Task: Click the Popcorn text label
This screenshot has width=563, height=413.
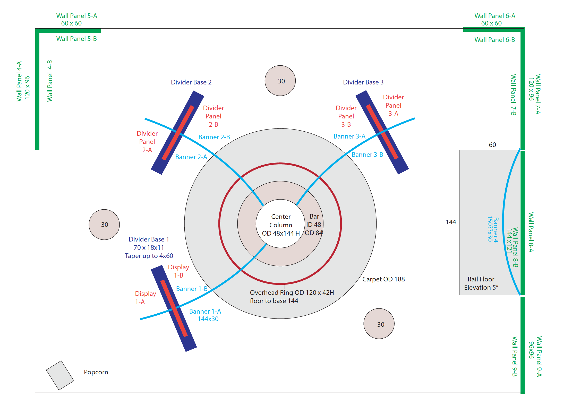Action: (x=96, y=372)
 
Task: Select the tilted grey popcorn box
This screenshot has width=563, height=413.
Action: (x=60, y=375)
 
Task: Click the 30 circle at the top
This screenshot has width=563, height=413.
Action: (x=280, y=81)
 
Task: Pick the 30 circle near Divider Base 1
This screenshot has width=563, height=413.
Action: (x=104, y=225)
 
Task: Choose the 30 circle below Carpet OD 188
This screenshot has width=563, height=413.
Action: (x=379, y=324)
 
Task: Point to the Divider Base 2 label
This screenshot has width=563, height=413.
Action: (x=191, y=82)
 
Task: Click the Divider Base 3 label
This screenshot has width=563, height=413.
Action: (x=363, y=82)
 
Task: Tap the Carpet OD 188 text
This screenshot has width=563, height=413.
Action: (x=383, y=279)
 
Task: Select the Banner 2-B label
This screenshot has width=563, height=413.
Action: (x=214, y=137)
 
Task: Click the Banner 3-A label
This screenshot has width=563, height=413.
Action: (x=349, y=136)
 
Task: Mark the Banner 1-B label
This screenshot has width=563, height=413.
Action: (x=192, y=289)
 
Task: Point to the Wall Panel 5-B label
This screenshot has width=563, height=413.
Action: (x=76, y=39)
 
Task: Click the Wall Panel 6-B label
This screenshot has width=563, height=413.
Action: (x=494, y=40)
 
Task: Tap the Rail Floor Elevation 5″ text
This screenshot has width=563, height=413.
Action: (x=481, y=283)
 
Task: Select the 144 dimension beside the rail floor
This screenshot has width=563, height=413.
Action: (x=451, y=222)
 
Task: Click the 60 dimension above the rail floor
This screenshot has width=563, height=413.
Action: (x=492, y=145)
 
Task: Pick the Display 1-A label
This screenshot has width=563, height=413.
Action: (x=145, y=298)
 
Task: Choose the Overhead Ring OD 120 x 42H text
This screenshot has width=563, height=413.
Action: (x=292, y=293)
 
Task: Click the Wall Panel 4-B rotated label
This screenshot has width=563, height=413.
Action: (x=50, y=81)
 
